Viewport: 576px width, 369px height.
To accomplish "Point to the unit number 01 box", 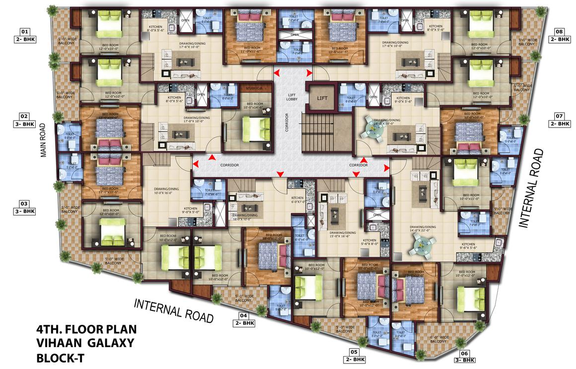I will point(25,31).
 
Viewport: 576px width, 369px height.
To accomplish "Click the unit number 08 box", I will point(559,31).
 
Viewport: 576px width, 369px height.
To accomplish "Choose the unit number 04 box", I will point(243,315).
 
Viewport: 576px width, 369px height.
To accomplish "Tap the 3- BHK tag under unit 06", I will point(465,360).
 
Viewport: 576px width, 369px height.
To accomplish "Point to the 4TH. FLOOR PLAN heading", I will point(86,329).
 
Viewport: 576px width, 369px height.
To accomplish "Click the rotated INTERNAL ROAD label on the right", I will point(534,189).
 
